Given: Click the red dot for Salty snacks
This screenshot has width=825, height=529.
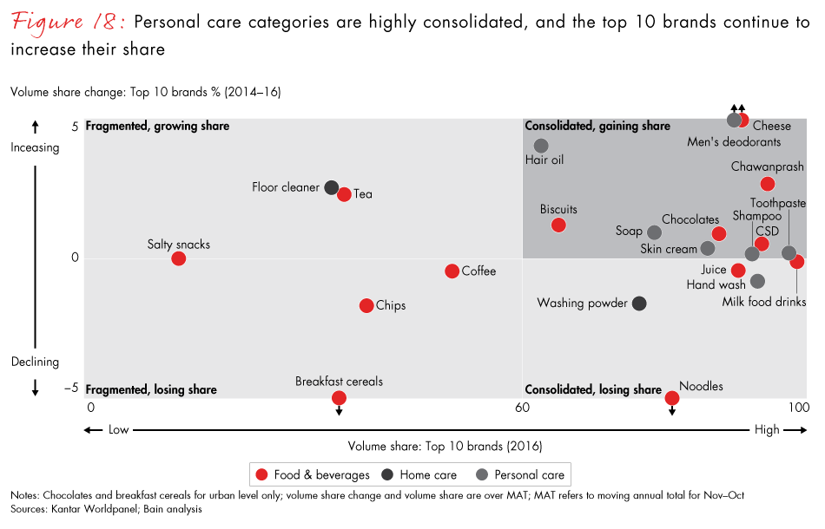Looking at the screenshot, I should (x=178, y=258).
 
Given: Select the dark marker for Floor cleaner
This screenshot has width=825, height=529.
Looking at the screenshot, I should (x=332, y=187).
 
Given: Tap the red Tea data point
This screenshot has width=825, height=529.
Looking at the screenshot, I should (x=344, y=194).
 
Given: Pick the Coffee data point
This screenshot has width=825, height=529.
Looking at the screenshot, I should (x=452, y=271).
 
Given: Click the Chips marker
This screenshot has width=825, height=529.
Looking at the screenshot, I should (x=366, y=305).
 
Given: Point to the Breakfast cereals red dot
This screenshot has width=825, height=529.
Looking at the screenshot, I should (x=339, y=398).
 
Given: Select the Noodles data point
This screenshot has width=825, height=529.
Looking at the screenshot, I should (x=671, y=398).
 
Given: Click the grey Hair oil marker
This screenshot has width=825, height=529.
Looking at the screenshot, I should (x=541, y=146).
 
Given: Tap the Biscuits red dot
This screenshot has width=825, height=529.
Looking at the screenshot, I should (x=558, y=225).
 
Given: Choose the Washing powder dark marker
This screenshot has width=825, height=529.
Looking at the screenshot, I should (x=639, y=304).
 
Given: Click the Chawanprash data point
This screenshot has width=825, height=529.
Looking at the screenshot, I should (x=768, y=184).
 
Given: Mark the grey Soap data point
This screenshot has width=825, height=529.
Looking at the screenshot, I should (x=655, y=232).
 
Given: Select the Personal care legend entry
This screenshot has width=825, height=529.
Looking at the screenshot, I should (x=521, y=474).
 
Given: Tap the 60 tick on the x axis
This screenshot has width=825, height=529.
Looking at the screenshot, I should (x=522, y=408).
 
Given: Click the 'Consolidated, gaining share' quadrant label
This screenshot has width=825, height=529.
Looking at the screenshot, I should (x=597, y=127).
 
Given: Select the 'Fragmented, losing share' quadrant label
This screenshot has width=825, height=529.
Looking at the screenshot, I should (x=151, y=390).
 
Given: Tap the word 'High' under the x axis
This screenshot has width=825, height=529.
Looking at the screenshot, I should (x=767, y=430).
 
